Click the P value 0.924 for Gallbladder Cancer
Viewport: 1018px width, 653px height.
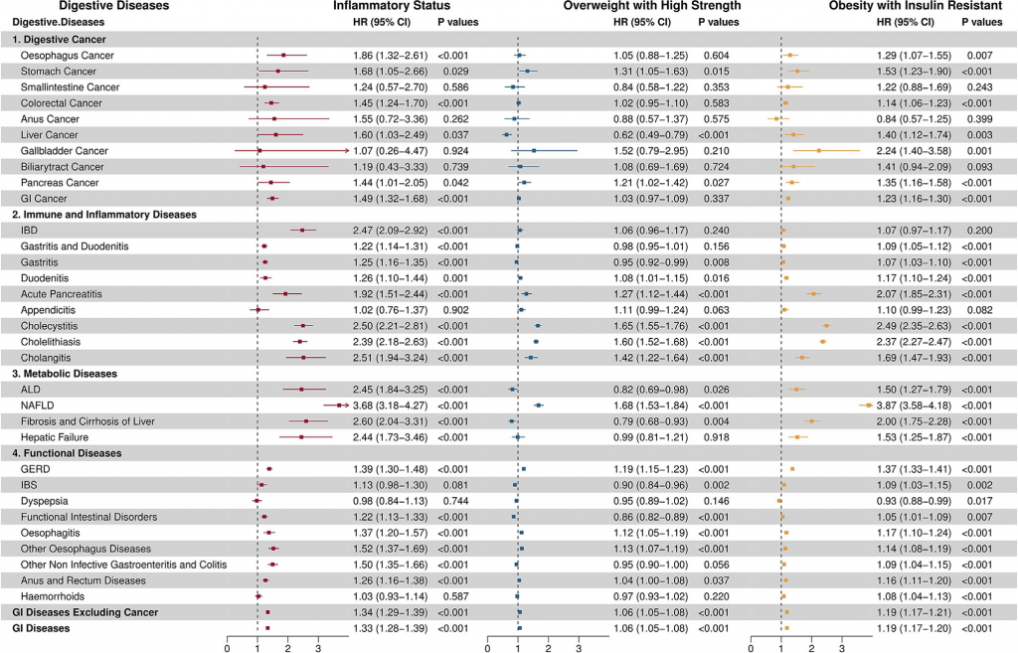point(453,150)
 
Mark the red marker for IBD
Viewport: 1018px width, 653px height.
point(302,230)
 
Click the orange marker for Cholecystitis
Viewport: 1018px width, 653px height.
point(826,325)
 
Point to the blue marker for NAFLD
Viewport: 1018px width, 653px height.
point(539,405)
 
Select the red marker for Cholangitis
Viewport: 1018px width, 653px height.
point(303,357)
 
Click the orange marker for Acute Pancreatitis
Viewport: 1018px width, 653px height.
point(814,293)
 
